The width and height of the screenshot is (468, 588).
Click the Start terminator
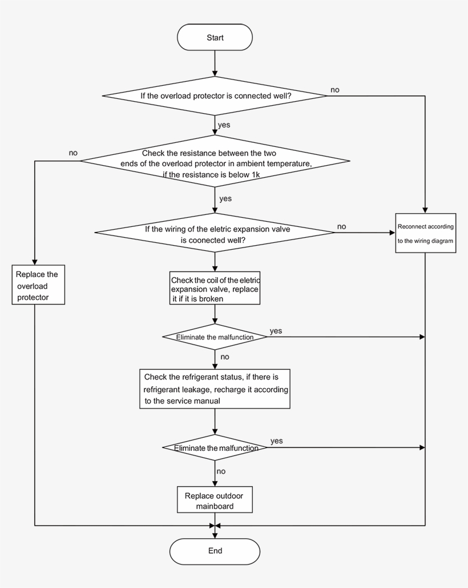coord(215,38)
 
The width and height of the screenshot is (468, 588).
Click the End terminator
coord(215,551)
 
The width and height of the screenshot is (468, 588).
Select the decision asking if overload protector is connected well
coord(215,95)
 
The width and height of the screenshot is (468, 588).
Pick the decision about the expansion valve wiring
coord(215,233)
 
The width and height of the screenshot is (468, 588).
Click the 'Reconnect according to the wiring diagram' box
coord(425,233)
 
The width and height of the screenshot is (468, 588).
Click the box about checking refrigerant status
coord(215,389)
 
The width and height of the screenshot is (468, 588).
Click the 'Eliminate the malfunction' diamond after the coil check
coord(215,337)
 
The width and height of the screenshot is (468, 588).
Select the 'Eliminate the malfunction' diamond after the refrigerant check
coord(215,448)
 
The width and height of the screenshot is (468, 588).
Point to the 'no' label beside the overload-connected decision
coord(336,90)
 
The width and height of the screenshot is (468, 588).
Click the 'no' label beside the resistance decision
coord(73,153)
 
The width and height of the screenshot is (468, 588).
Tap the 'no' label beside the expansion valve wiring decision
coord(341,226)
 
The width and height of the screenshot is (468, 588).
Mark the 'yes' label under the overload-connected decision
coord(224,124)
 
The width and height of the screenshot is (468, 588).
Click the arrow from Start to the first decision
coord(215,63)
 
